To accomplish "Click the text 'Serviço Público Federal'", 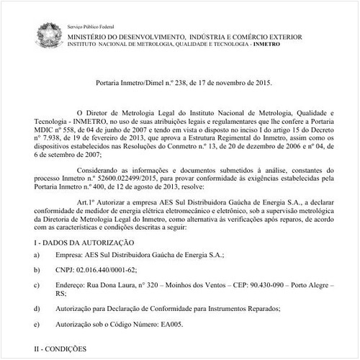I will [95, 24].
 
